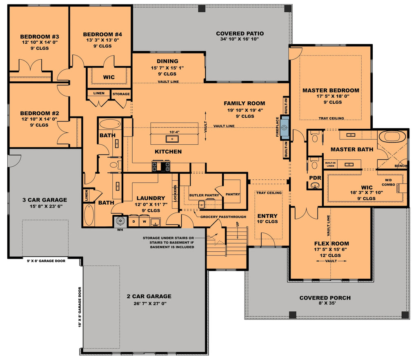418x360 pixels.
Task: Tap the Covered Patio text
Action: coord(240,34)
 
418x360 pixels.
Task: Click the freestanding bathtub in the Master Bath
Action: coord(392,136)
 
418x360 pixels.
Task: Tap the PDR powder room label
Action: coord(315,178)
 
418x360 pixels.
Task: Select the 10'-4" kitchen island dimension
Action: coord(174,132)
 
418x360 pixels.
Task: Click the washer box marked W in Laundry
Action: coord(144,221)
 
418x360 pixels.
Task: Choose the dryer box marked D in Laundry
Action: coord(133,221)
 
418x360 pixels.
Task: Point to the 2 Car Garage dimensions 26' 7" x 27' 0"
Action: coord(149,304)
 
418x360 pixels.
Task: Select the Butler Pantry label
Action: coord(204,195)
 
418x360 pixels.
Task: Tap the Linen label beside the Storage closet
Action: coord(99,94)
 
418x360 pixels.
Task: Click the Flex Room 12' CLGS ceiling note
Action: coord(331,255)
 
